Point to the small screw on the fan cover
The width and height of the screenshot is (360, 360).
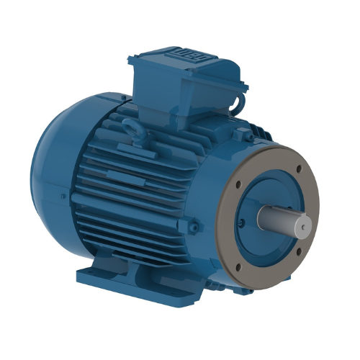coord(64,197)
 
